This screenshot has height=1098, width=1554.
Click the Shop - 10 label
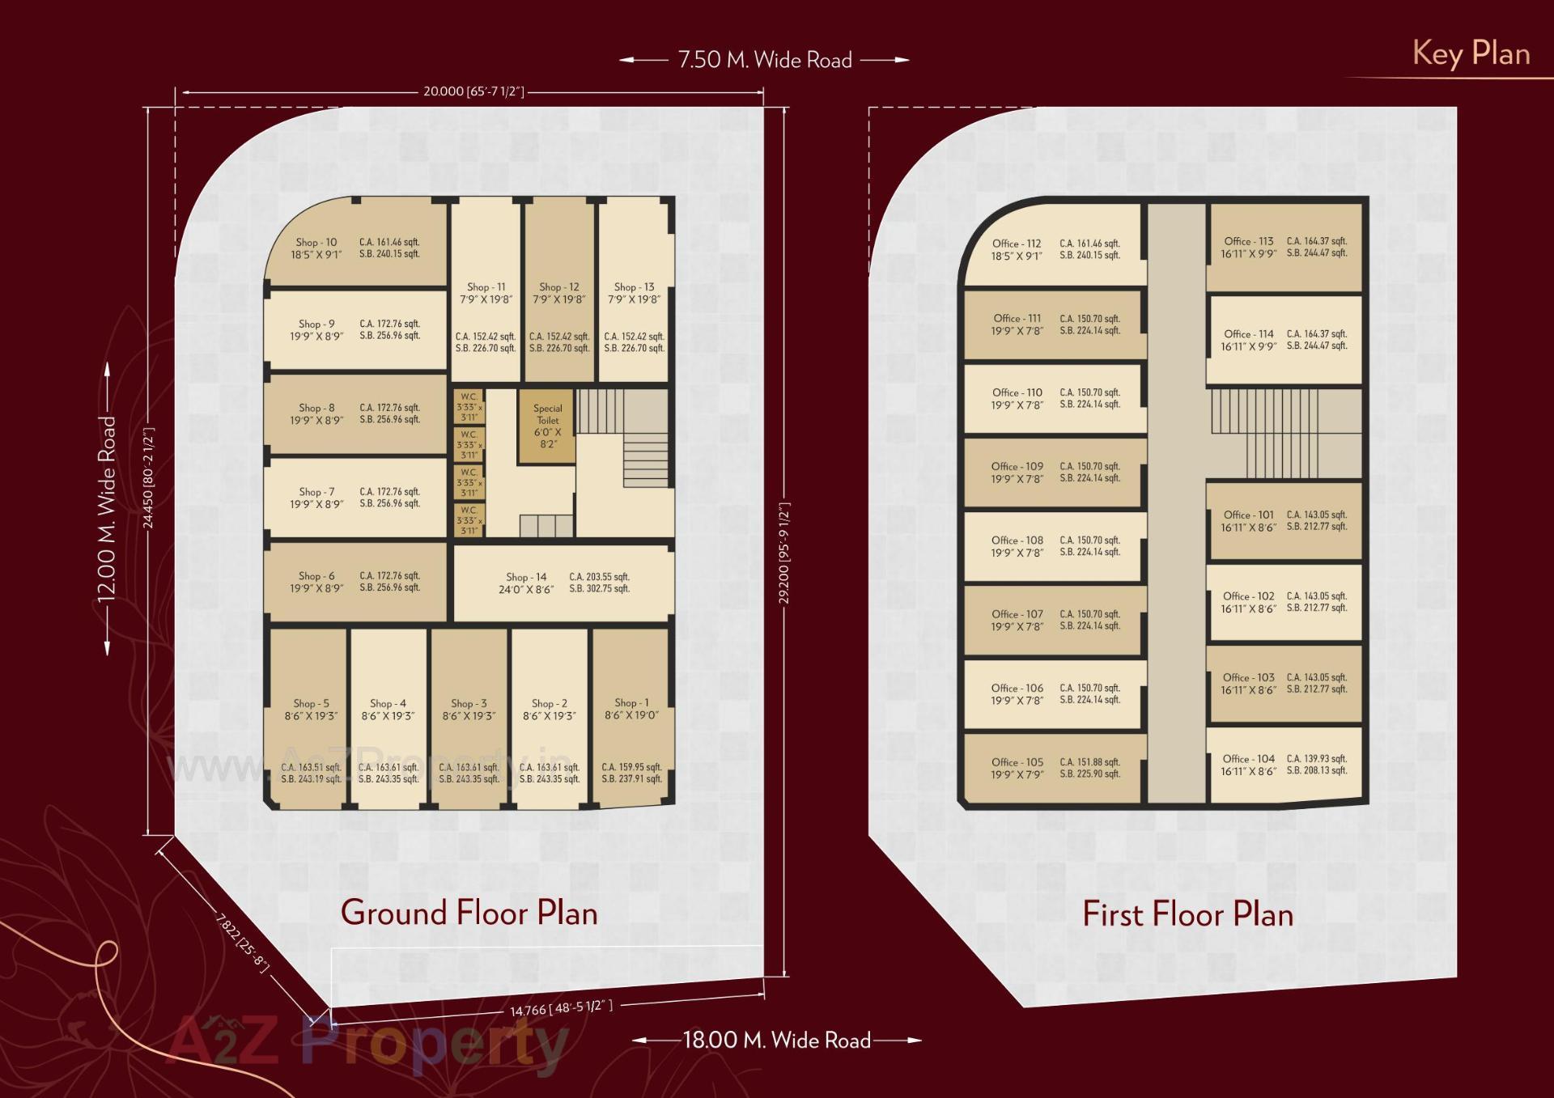click(x=316, y=242)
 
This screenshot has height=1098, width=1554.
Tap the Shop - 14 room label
click(x=526, y=577)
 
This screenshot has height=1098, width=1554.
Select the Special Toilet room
click(x=548, y=426)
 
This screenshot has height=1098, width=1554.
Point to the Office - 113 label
click(x=1248, y=241)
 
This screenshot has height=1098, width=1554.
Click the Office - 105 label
click(x=1017, y=762)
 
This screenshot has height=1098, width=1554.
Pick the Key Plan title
click(x=1471, y=53)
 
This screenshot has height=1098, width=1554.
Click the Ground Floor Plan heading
click(x=469, y=913)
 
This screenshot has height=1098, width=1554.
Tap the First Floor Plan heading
click(x=1187, y=914)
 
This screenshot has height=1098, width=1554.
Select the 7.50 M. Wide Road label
click(x=764, y=60)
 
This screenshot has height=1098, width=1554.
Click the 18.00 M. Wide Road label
click(x=776, y=1040)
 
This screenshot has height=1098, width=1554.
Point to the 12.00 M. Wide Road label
click(x=107, y=509)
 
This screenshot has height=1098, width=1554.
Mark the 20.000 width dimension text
click(x=473, y=91)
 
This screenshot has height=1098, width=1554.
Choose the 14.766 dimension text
click(x=561, y=1008)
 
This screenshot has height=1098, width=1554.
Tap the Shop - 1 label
click(x=631, y=702)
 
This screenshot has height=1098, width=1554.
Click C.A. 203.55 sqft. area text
click(x=599, y=577)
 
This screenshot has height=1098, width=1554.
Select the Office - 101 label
click(x=1248, y=515)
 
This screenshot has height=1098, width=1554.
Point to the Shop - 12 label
click(x=559, y=287)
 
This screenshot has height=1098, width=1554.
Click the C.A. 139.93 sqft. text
click(x=1317, y=758)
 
